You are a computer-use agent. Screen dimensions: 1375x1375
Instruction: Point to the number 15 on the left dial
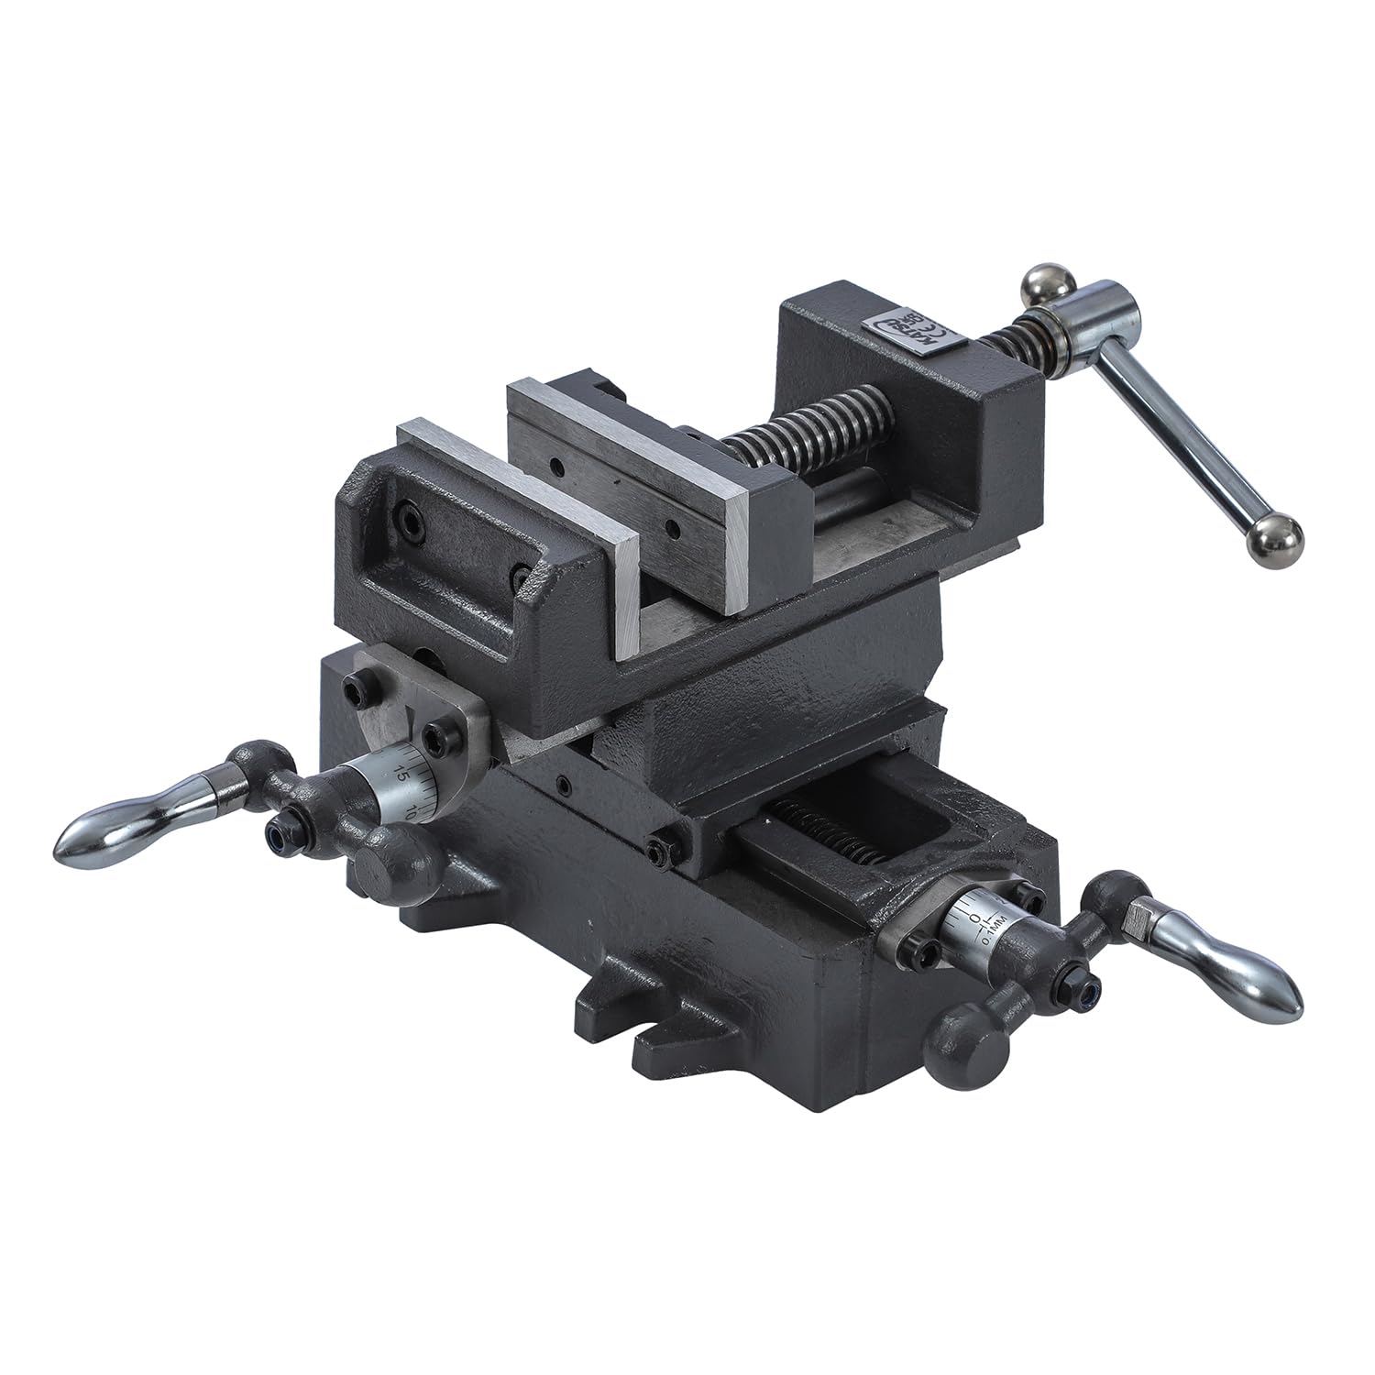coord(399,772)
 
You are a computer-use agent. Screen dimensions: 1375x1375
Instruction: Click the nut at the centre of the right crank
coord(1083,995)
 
